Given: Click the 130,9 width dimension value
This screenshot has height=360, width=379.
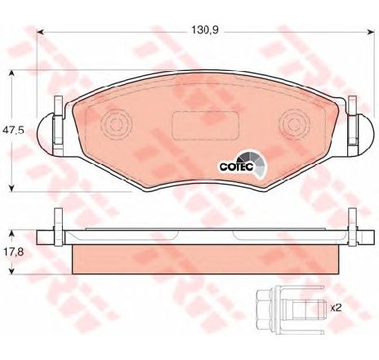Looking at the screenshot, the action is (x=205, y=30).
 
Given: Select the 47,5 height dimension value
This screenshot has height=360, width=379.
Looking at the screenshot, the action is (x=13, y=130).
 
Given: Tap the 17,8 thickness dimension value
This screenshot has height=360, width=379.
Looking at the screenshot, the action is (x=13, y=251).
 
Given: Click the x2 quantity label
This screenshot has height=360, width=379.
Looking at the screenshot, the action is (x=336, y=308).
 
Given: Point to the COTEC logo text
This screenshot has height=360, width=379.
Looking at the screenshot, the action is (x=236, y=167).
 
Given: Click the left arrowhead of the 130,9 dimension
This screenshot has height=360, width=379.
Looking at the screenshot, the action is (x=40, y=33).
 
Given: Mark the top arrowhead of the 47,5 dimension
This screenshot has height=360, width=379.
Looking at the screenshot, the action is (x=11, y=73).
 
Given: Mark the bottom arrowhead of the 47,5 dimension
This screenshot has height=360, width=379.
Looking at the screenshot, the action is (x=11, y=189).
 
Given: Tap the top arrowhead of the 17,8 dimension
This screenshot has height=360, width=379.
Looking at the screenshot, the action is (x=11, y=234).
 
